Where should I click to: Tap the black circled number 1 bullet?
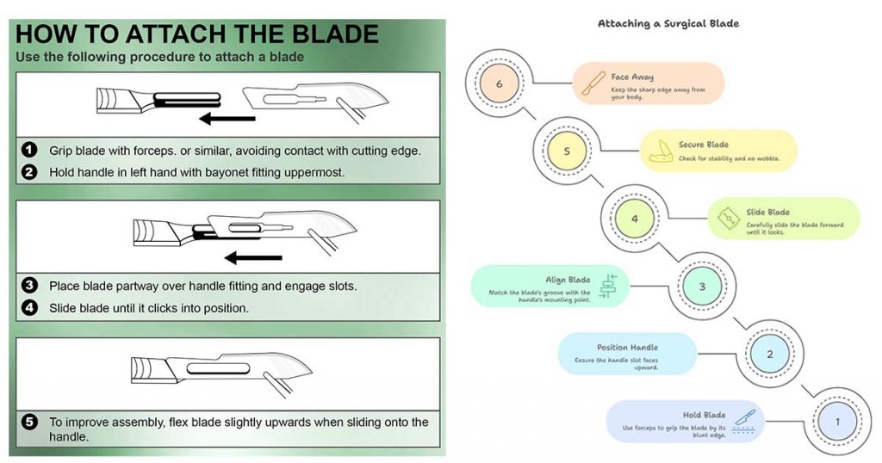tap(29, 150)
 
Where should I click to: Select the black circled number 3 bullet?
tap(29, 286)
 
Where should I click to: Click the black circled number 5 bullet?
tap(29, 423)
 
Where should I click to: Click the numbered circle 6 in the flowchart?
tap(500, 84)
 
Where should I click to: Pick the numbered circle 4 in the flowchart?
tap(635, 219)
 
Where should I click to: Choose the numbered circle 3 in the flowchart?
tap(702, 287)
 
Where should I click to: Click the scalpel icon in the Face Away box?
tap(593, 83)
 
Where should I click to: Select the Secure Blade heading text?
tap(704, 145)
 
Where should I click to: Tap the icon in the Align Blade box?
tap(609, 286)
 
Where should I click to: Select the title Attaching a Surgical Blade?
tap(668, 23)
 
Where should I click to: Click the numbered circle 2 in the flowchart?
tap(769, 354)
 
